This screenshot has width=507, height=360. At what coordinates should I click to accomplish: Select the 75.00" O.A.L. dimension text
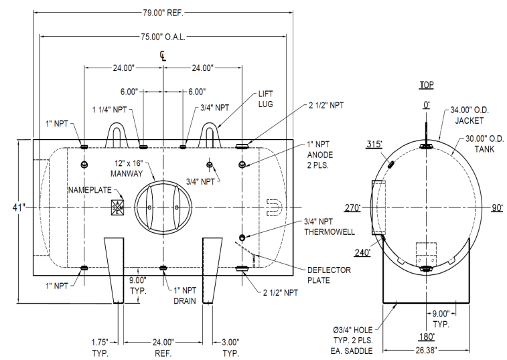pos(163,38)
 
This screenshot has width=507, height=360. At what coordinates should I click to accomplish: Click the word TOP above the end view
pos(426,86)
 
